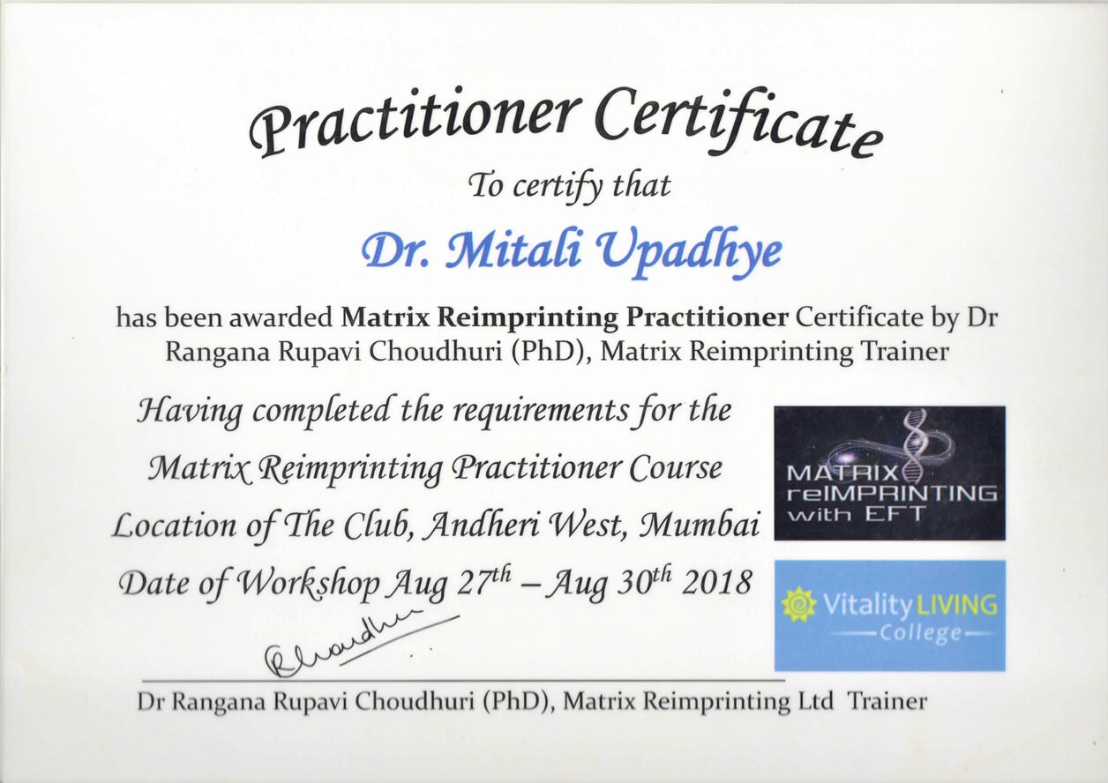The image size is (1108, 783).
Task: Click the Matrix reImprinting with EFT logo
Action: tap(890, 473)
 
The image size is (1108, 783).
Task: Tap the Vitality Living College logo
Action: tap(890, 616)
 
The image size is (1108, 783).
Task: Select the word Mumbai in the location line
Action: tap(700, 526)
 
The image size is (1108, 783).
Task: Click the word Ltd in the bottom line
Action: tap(816, 701)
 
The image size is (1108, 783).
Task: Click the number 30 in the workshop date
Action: tap(633, 585)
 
